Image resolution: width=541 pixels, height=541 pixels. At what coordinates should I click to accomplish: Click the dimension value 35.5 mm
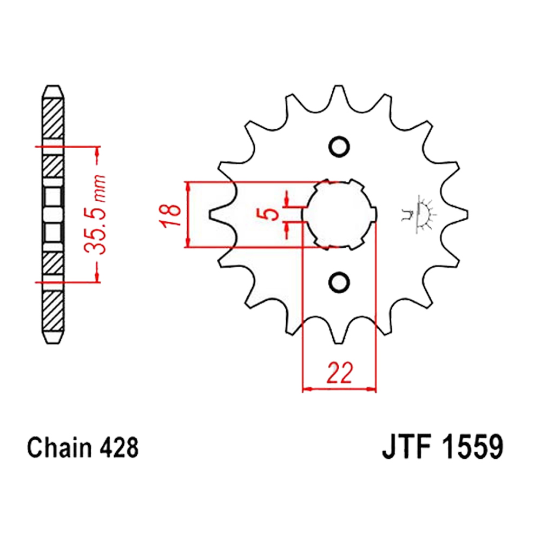[95, 214]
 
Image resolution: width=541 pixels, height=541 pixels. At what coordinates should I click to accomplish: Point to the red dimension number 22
[340, 373]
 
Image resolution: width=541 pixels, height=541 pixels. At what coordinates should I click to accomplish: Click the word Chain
[60, 448]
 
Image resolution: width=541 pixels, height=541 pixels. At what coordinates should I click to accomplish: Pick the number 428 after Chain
[119, 448]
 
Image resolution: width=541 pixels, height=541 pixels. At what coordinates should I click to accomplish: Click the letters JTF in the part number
[407, 447]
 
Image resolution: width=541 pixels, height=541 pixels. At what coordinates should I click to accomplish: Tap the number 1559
[473, 447]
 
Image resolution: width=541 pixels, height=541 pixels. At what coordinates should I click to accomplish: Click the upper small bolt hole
[339, 147]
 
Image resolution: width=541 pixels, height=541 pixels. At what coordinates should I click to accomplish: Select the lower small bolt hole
[339, 282]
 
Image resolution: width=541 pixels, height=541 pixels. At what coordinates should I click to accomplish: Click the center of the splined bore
[339, 214]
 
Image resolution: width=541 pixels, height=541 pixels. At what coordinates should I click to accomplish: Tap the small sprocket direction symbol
[419, 214]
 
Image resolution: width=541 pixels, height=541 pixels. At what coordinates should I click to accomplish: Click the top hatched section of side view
[53, 119]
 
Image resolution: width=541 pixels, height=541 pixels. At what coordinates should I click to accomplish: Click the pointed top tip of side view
[53, 86]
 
